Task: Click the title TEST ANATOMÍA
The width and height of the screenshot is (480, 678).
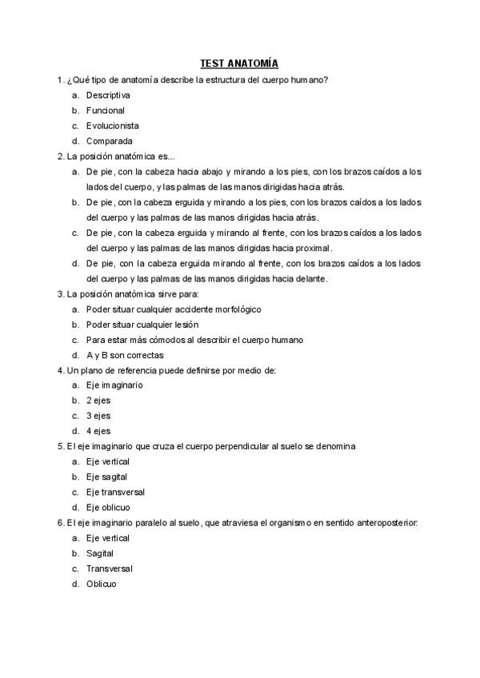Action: pyautogui.click(x=239, y=64)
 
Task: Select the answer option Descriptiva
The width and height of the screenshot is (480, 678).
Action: pyautogui.click(x=108, y=95)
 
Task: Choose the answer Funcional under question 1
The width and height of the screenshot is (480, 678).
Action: pyautogui.click(x=106, y=110)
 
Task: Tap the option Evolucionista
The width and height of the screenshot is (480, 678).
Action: pyautogui.click(x=113, y=126)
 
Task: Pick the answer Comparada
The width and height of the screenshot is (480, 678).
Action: pyautogui.click(x=110, y=141)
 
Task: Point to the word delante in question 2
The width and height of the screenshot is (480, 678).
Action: pyautogui.click(x=310, y=279)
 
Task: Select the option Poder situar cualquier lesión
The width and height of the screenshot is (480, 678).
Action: pyautogui.click(x=142, y=325)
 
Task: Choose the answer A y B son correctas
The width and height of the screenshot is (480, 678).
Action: pyautogui.click(x=125, y=355)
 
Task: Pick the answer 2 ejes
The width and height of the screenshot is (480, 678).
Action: pyautogui.click(x=98, y=401)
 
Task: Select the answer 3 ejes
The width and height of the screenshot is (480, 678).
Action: pyautogui.click(x=98, y=416)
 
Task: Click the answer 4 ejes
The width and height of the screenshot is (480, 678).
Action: pyautogui.click(x=98, y=431)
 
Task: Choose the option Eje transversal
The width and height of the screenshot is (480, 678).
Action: pyautogui.click(x=115, y=492)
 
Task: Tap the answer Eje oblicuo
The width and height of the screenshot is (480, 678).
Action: pyautogui.click(x=108, y=507)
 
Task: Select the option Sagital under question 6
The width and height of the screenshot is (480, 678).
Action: pyautogui.click(x=100, y=553)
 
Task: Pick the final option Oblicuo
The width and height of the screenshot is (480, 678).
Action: pyautogui.click(x=102, y=584)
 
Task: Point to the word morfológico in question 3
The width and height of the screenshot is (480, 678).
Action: pyautogui.click(x=233, y=309)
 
